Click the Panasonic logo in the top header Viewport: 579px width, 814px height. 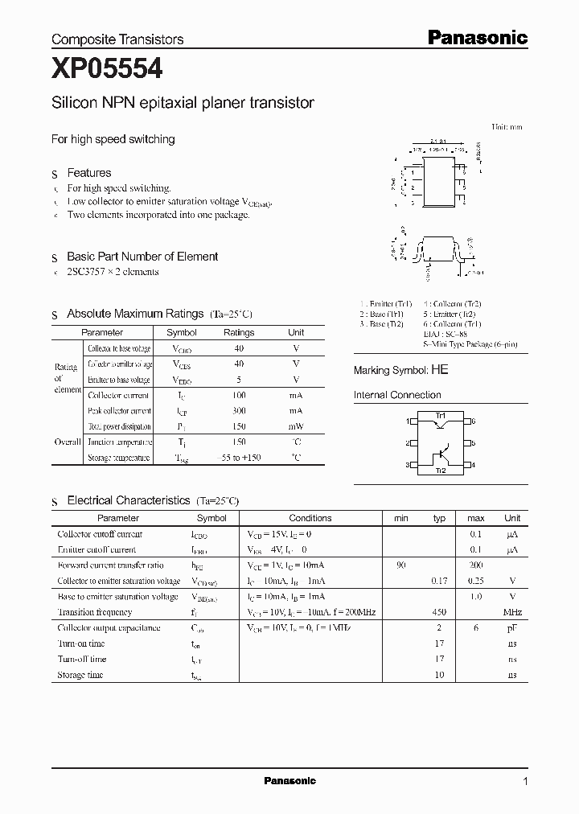[x=476, y=37]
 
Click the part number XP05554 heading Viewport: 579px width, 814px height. [x=107, y=70]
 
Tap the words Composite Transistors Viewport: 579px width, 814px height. [x=117, y=39]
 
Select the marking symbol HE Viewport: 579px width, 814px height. [x=440, y=370]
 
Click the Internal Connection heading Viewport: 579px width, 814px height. [x=397, y=395]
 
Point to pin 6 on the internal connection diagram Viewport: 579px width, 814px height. [x=474, y=421]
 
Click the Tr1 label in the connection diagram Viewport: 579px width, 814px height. [x=440, y=416]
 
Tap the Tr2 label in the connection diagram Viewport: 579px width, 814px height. [x=440, y=470]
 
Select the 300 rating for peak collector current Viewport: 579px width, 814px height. [x=239, y=411]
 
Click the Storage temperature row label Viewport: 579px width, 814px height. [x=118, y=458]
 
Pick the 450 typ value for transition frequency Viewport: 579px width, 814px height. [x=439, y=612]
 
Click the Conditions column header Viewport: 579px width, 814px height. [x=310, y=518]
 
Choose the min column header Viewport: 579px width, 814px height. [x=400, y=518]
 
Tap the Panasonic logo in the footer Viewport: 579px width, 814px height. [x=290, y=781]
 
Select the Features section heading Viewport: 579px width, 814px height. [x=89, y=173]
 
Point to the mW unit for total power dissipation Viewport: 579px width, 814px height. [x=296, y=426]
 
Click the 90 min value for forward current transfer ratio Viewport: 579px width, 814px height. [x=400, y=565]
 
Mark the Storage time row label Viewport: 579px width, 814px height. [x=81, y=675]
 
